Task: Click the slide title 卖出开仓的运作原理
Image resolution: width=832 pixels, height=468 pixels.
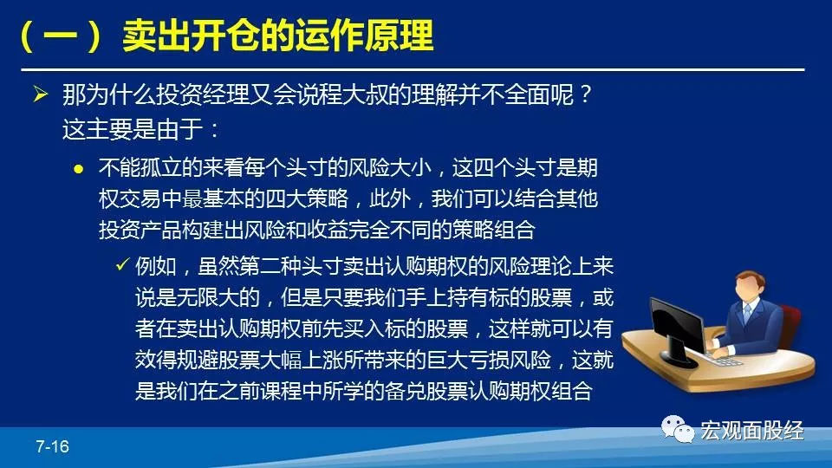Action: coord(277,36)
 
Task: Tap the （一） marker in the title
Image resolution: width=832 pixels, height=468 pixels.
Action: coord(60,36)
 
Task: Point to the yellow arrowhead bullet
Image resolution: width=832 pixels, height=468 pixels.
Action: coord(41,94)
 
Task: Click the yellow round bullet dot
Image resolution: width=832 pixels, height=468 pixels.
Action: coord(79,169)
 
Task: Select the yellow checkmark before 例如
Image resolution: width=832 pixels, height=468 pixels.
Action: coord(122,263)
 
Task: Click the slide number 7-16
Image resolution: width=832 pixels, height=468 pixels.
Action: coord(52,446)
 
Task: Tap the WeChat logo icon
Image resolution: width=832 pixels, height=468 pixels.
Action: coord(678,429)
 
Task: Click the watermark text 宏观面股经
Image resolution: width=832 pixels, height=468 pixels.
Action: coord(752,431)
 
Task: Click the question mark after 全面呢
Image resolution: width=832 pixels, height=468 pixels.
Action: coord(585,95)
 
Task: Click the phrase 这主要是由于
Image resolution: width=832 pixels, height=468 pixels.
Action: coord(133,129)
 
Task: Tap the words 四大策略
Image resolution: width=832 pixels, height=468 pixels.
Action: coord(307,199)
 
